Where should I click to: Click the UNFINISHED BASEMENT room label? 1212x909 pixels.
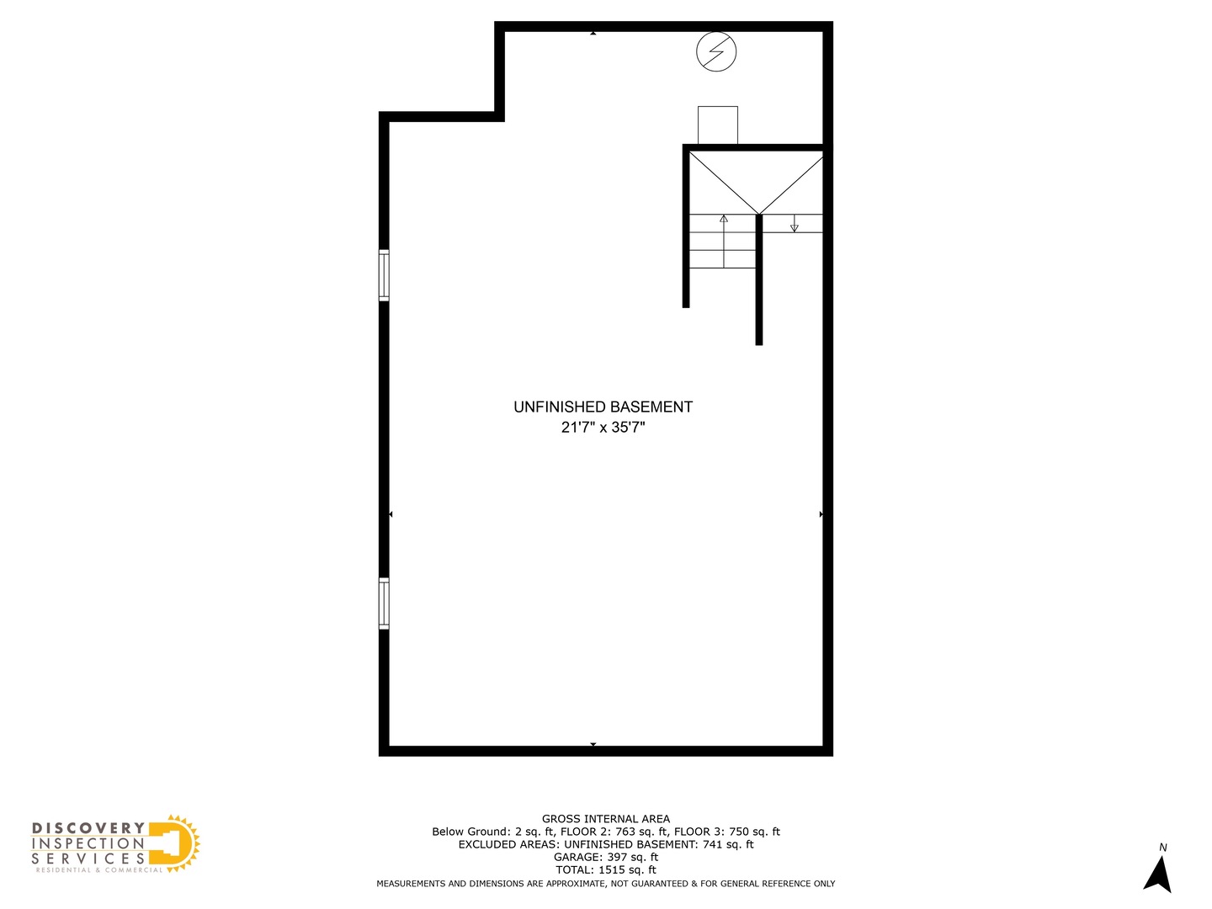[603, 407]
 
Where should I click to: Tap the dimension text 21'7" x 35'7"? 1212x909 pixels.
[603, 428]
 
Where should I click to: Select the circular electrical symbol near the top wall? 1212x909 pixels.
[716, 51]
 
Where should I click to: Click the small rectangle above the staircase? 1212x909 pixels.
[718, 125]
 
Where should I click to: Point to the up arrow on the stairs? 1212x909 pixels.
[724, 220]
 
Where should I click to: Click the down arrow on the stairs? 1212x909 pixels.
[794, 226]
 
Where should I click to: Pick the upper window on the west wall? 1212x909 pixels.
[384, 275]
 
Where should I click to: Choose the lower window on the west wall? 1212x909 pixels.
[384, 603]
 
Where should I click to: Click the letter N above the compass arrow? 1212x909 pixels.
[1163, 848]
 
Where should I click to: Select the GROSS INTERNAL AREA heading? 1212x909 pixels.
[606, 818]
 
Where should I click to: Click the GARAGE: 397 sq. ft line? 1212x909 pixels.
[606, 857]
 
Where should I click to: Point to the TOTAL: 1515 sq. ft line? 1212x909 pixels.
[606, 869]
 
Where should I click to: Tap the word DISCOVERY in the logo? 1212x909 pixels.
[88, 828]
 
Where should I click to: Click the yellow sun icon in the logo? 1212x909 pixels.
[178, 843]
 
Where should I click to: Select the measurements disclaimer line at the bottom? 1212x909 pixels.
[606, 884]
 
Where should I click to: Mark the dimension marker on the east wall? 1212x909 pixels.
[821, 513]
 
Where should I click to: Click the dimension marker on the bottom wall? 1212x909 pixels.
[593, 745]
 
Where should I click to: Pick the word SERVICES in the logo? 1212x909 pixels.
[88, 858]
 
